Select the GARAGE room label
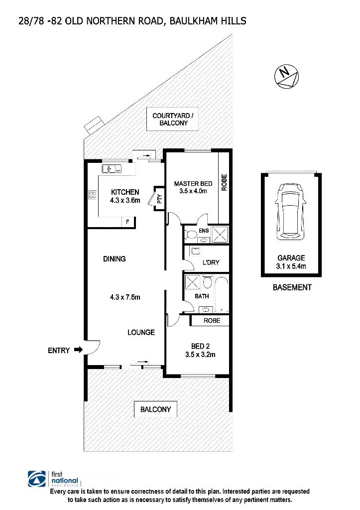[x=291, y=258]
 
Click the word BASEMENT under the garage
[x=292, y=287]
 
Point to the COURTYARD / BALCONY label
[x=170, y=119]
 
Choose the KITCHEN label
[x=125, y=192]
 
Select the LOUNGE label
[x=141, y=332]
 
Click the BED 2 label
[x=199, y=346]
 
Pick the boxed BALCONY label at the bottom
[x=155, y=409]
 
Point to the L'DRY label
[x=211, y=262]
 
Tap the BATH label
[x=202, y=296]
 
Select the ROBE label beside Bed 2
[x=212, y=321]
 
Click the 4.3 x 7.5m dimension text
[x=126, y=297]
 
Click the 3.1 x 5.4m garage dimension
[x=291, y=266]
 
